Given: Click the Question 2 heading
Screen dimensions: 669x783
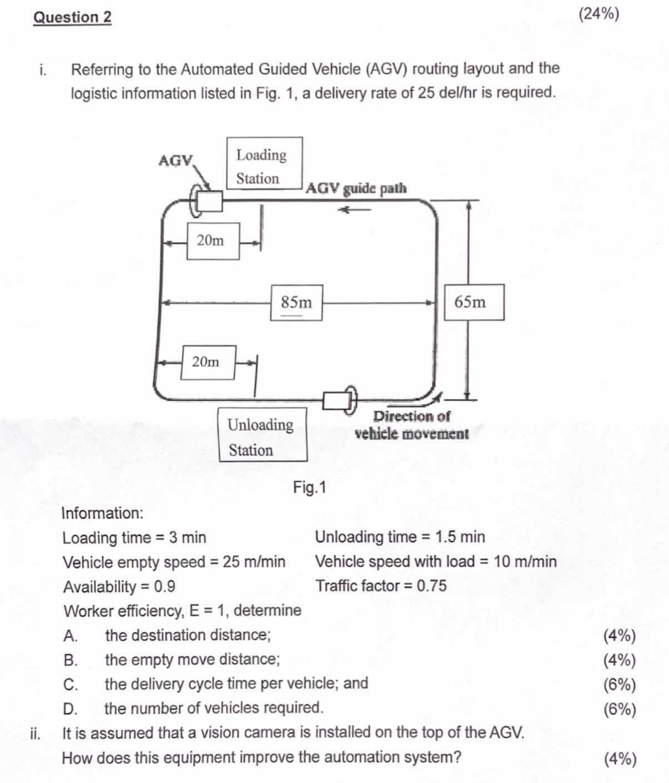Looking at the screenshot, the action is tap(72, 18).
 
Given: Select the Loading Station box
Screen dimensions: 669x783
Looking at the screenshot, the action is tap(265, 163).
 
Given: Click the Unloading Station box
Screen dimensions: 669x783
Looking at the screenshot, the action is tap(263, 434).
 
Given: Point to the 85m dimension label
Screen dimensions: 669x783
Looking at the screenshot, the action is tap(296, 303).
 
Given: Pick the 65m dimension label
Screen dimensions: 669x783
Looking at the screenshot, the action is tap(474, 302).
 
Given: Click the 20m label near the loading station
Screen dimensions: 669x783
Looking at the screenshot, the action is tap(213, 241).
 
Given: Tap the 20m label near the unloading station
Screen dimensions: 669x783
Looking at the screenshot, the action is tap(208, 362).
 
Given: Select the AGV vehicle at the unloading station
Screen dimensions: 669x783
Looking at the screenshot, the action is tap(340, 400).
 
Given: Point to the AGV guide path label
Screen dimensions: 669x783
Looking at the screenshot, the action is tap(356, 189).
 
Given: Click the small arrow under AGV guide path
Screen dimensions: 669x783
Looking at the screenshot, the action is tap(355, 210).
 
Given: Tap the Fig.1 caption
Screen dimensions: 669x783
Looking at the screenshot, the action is tap(309, 488).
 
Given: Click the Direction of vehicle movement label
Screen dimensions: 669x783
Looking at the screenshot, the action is tap(412, 425).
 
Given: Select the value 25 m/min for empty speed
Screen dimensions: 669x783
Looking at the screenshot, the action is tap(254, 562).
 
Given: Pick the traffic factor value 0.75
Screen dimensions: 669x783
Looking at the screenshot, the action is tap(432, 585).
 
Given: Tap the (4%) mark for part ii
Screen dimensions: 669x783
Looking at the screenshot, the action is tap(620, 759).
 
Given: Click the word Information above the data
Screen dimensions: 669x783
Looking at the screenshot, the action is tap(102, 513).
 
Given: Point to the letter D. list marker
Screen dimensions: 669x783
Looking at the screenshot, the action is tap(70, 709).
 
